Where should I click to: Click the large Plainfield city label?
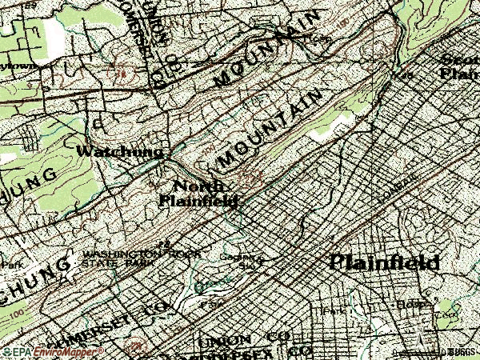pyautogui.click(x=385, y=262)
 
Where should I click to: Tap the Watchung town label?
pyautogui.click(x=120, y=151)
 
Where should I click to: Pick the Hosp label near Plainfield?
pyautogui.click(x=408, y=305)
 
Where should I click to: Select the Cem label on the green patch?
pyautogui.click(x=443, y=314)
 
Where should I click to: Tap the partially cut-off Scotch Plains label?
pyautogui.click(x=459, y=66)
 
